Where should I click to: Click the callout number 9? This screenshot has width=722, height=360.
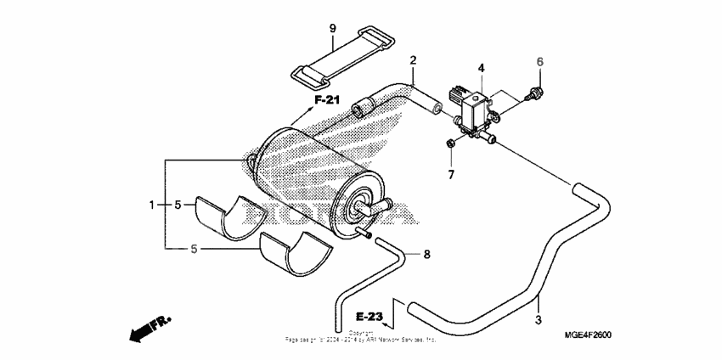pyautogui.click(x=332, y=30)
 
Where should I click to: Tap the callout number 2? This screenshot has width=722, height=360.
pyautogui.click(x=413, y=60)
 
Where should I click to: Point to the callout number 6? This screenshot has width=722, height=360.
pyautogui.click(x=539, y=61)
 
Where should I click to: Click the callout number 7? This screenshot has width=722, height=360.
pyautogui.click(x=452, y=175)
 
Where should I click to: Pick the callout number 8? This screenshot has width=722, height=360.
pyautogui.click(x=427, y=254)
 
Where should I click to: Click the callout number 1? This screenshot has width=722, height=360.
pyautogui.click(x=153, y=205)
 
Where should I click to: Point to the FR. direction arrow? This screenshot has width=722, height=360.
pyautogui.click(x=149, y=328)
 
